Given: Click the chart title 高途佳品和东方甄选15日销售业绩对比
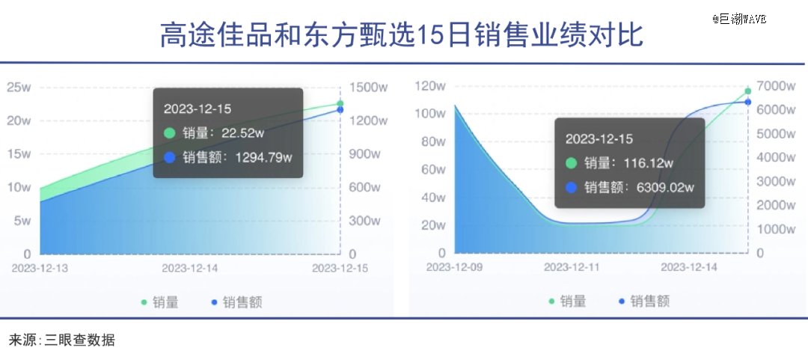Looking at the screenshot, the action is [402, 35].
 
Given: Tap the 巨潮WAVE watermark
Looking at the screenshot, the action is [739, 19].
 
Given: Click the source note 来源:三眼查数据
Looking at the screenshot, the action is [62, 341].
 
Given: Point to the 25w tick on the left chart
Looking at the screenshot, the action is [19, 87].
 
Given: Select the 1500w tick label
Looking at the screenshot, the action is [368, 87].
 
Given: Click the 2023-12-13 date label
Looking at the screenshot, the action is [40, 268].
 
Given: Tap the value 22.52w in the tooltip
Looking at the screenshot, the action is [242, 133].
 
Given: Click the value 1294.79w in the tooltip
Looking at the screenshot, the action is [263, 157].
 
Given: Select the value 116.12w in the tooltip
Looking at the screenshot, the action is [648, 163].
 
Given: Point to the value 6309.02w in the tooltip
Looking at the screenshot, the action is [665, 187].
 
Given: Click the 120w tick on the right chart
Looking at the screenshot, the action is [430, 86].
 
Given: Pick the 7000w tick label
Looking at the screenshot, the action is [776, 86].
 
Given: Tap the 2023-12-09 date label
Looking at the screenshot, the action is [454, 267].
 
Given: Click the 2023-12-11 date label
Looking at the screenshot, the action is [572, 267].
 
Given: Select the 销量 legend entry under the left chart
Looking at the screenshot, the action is [160, 302].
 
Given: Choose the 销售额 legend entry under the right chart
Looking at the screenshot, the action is [644, 301].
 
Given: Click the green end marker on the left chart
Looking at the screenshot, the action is [340, 104].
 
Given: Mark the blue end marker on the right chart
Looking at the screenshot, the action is [747, 102].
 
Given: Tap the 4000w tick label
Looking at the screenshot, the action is [776, 157].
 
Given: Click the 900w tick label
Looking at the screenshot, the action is [365, 153].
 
